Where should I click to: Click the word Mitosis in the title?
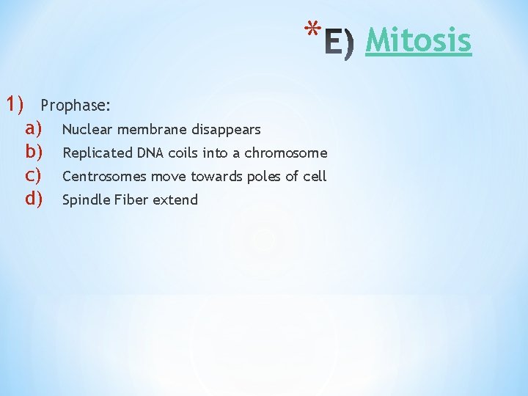pos(418,40)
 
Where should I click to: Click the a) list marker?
pos(34,129)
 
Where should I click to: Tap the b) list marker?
pos(34,153)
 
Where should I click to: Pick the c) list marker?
pos(34,176)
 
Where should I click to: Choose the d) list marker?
pos(34,199)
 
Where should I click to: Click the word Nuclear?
pos(87,130)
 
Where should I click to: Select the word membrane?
pos(152,130)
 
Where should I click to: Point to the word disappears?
pos(226,131)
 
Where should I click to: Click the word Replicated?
pos(97,153)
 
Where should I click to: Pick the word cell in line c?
pos(316,177)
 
